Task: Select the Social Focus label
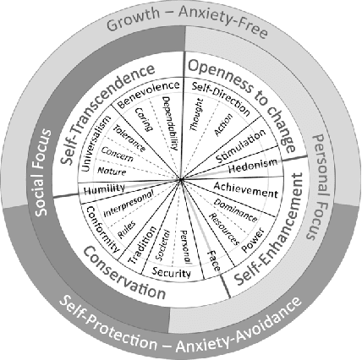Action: (x=44, y=180)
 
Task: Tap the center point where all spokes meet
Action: (x=181, y=179)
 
